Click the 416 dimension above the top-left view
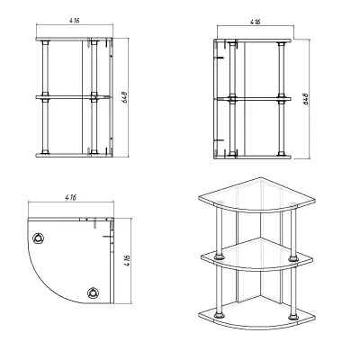click(x=75, y=21)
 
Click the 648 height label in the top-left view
click(x=125, y=97)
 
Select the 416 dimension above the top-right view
click(x=256, y=22)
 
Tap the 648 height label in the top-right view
click(x=306, y=99)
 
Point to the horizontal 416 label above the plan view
click(x=71, y=197)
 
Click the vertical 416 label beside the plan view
click(x=128, y=261)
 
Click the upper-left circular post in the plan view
click(x=39, y=238)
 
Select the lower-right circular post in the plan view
click(x=94, y=292)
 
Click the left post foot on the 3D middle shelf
click(x=220, y=257)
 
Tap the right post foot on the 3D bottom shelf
click(x=293, y=317)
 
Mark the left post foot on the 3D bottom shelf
click(x=220, y=315)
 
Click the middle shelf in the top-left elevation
click(x=72, y=97)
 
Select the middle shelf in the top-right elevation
click(x=253, y=99)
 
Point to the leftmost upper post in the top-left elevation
click(x=45, y=68)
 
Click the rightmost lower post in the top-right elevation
click(x=282, y=128)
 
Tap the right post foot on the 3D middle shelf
click(x=293, y=258)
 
